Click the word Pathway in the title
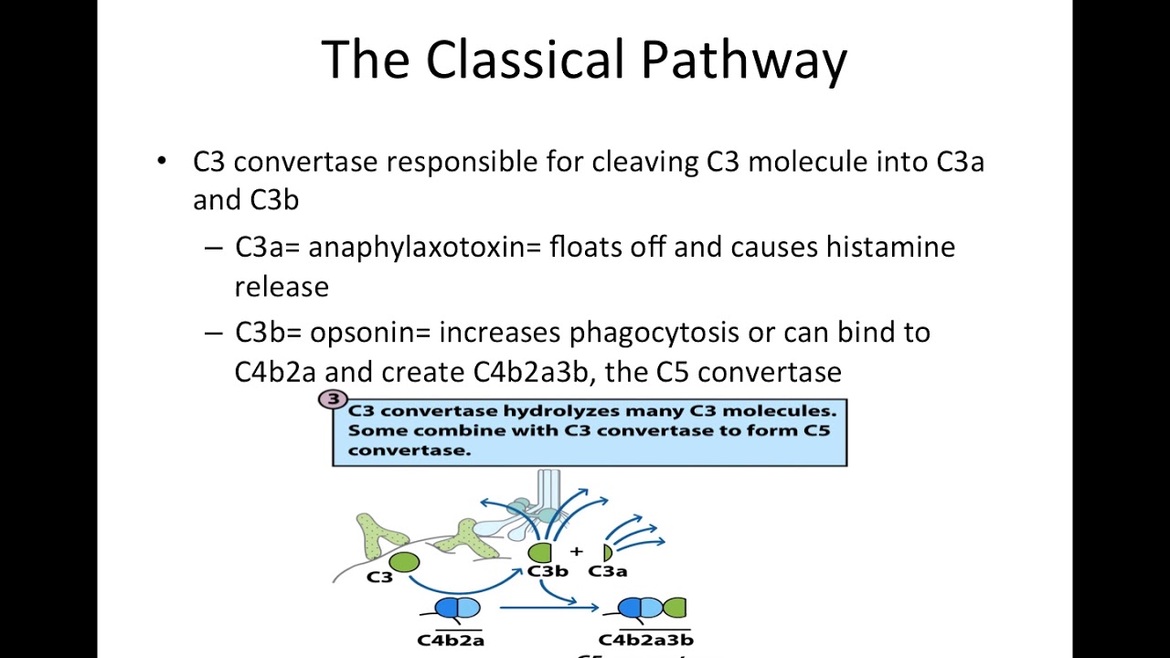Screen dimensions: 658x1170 pos(743,60)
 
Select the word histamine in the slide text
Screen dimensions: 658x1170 pos(890,248)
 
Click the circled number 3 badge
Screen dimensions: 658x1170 pos(334,399)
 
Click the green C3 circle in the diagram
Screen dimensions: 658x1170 pos(404,562)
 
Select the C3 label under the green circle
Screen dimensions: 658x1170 pos(379,578)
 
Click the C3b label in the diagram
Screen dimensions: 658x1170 pos(548,571)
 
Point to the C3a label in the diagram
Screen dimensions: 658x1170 pos(607,571)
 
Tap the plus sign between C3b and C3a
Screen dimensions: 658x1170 pos(576,551)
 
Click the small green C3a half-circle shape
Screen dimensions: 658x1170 pos(607,552)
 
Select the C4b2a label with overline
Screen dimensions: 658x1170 pos(451,640)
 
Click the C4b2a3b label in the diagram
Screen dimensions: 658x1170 pos(645,640)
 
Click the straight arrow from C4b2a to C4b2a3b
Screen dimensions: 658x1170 pos(548,607)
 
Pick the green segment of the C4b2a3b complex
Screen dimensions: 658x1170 pos(675,608)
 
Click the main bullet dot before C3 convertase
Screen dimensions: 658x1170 pos(163,162)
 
